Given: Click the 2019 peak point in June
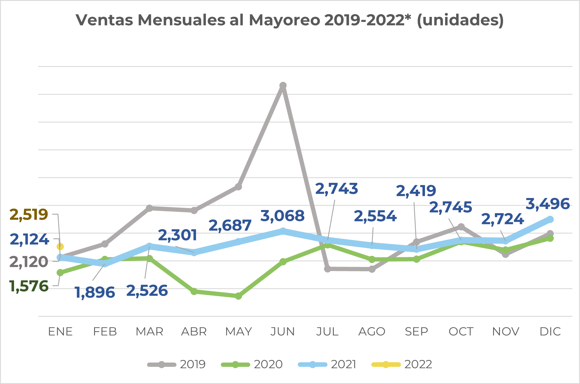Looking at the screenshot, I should (283, 86).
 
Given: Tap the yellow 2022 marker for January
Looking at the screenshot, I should (60, 246).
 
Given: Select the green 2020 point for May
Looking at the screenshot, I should (239, 296).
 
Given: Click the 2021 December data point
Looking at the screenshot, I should (550, 219).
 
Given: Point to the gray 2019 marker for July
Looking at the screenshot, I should (327, 269).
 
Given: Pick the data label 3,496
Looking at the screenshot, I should (548, 204).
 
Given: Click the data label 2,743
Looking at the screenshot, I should (336, 189).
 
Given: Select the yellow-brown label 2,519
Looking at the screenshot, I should (29, 215).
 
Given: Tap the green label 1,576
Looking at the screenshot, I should (29, 286).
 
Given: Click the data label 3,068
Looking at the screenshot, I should (283, 216).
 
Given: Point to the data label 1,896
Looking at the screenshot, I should (95, 292).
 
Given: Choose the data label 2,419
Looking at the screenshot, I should (416, 191).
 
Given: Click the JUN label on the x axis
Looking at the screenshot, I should (283, 332).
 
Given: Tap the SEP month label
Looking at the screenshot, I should (416, 332).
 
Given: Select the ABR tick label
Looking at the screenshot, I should (194, 332).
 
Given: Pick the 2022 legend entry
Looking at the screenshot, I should (402, 365).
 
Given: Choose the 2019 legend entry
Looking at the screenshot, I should (176, 365).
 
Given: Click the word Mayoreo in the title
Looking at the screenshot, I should (285, 20).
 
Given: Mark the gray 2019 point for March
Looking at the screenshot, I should (149, 208).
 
